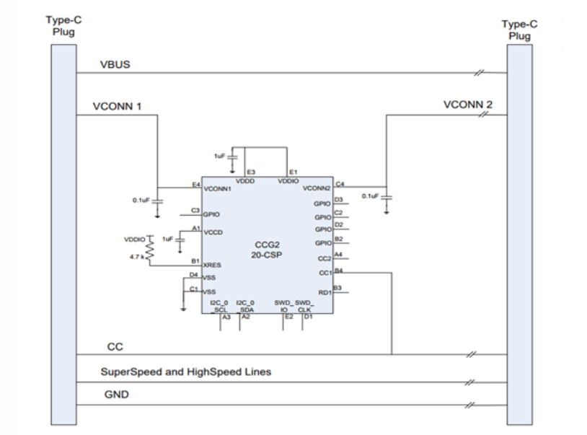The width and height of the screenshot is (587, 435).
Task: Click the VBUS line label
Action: coord(115,66)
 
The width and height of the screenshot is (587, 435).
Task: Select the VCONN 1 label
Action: coord(117,106)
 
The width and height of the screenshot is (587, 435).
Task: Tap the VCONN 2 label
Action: coord(468,105)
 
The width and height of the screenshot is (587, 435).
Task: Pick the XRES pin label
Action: coord(212,265)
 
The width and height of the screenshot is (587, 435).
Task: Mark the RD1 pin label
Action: coord(324,292)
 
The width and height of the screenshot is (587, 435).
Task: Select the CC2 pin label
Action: coord(324,258)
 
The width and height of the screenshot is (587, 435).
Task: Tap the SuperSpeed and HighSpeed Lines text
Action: coord(185,372)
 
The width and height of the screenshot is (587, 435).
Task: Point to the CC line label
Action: coord(115,347)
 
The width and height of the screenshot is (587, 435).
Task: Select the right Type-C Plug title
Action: coord(519,30)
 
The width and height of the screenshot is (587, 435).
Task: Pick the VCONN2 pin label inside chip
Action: coord(316,188)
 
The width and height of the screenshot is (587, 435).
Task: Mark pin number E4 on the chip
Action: coord(195,185)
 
